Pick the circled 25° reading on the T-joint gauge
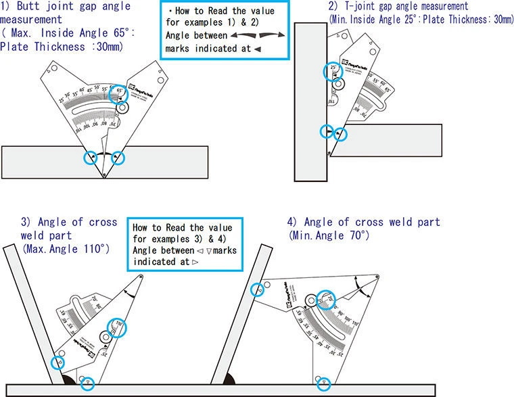333,70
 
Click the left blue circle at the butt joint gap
90,157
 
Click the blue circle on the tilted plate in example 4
256,289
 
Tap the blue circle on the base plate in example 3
86,383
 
